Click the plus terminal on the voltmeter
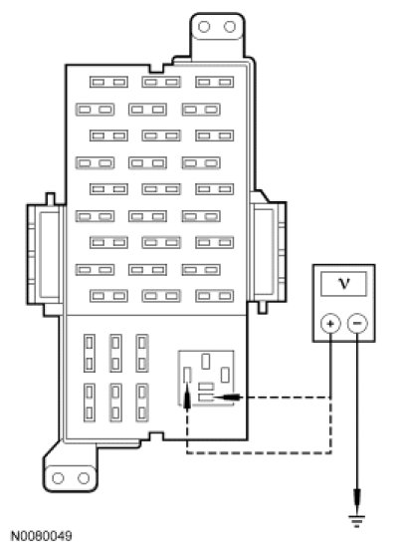330,323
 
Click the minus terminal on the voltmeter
357,323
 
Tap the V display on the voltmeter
344,283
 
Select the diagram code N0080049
42,536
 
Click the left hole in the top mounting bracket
204,27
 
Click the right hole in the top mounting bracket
230,27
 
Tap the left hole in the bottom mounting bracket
58,478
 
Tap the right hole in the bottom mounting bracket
84,478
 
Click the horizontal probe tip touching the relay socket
227,398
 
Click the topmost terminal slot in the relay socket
206,362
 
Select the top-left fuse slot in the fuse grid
108,82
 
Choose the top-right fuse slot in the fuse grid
215,82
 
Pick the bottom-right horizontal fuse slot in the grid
215,296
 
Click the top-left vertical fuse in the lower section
90,354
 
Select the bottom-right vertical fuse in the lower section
142,403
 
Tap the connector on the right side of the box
269,252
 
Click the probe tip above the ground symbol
357,501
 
